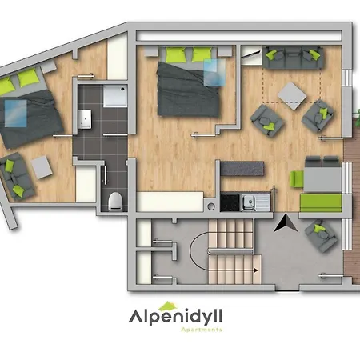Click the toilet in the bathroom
click(x=116, y=202)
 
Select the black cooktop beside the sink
click(x=230, y=203)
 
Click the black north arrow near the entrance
click(x=286, y=223)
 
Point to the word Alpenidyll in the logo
click(x=175, y=317)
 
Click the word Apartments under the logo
click(x=202, y=330)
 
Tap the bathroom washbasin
click(x=85, y=119)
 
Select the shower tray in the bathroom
click(x=115, y=96)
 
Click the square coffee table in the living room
click(x=292, y=96)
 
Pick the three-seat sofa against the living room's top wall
click(x=293, y=58)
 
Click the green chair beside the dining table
click(x=297, y=178)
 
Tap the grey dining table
click(x=322, y=179)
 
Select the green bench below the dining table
click(x=321, y=202)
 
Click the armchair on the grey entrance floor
click(x=322, y=235)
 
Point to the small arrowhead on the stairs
click(x=256, y=270)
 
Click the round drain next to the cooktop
click(x=211, y=206)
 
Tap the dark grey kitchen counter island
click(x=242, y=168)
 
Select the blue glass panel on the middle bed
click(x=214, y=72)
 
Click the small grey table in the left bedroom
click(x=42, y=167)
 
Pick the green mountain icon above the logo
click(x=167, y=306)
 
